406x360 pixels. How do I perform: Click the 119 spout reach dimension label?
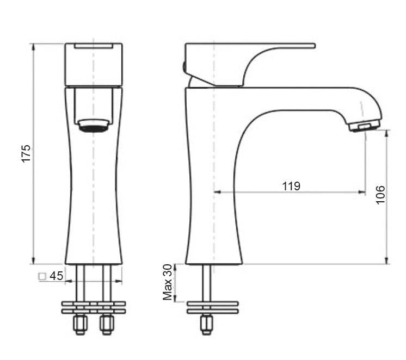(x=291, y=186)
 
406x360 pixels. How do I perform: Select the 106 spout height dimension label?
(x=380, y=195)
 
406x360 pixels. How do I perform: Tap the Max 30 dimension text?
(x=168, y=282)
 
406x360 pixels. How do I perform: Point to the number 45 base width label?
(x=56, y=276)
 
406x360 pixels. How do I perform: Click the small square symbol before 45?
(x=42, y=276)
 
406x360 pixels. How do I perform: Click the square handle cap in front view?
(x=93, y=64)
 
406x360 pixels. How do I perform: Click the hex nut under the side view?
(x=206, y=325)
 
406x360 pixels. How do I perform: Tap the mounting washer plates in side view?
(x=212, y=307)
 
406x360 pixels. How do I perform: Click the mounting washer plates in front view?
(x=93, y=307)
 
